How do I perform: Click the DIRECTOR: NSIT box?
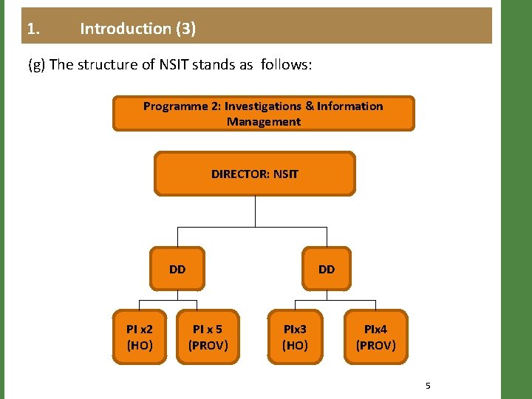pos(255,174)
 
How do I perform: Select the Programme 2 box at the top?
pos(263,114)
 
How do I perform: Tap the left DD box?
pos(177,269)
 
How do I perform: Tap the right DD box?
pos(327,269)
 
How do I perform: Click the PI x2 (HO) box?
pos(140,337)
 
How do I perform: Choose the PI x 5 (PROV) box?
pos(208,337)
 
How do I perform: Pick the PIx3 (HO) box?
pos(295,337)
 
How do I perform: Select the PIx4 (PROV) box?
pos(375,337)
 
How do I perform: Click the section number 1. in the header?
pos(33,29)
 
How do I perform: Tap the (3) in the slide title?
pos(185,29)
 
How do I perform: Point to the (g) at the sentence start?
pos(36,64)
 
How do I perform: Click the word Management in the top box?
pos(263,122)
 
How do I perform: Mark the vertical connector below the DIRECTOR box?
pos(255,210)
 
